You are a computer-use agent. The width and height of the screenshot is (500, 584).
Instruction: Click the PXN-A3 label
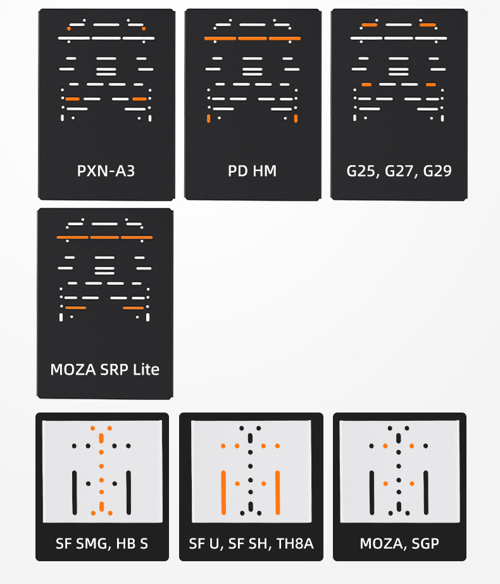point(106,171)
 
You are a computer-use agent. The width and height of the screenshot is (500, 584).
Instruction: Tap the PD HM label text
point(252,171)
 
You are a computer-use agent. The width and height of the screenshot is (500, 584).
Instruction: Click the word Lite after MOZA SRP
point(146,369)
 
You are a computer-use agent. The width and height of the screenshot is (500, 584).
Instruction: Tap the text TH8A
point(294,544)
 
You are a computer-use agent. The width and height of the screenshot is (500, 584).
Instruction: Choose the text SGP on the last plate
point(425,544)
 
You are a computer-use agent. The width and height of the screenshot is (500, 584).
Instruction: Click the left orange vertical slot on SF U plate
point(223,492)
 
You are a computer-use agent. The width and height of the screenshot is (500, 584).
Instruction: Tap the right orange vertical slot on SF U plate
point(278,492)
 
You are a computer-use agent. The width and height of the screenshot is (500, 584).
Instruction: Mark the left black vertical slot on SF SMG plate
point(74,492)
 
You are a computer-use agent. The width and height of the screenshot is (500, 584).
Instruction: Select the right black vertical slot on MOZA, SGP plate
point(426,492)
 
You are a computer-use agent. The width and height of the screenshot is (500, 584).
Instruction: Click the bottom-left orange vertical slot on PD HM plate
point(208,118)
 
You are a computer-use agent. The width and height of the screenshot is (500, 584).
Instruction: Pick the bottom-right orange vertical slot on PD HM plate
point(296,118)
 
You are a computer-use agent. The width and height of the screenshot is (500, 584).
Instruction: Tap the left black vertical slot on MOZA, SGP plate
point(372,492)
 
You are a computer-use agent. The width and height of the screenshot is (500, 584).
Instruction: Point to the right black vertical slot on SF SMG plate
point(128,492)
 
